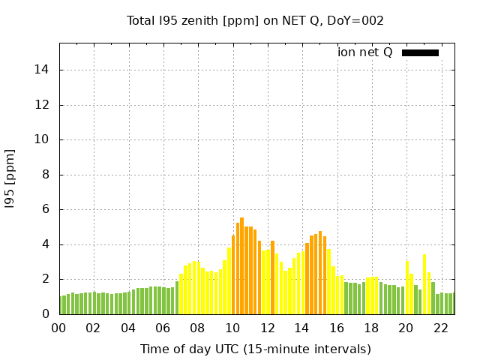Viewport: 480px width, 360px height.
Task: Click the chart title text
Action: click(x=255, y=21)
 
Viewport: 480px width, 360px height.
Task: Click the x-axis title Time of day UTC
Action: click(x=255, y=349)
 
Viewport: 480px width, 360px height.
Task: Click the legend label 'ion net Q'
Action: click(x=364, y=52)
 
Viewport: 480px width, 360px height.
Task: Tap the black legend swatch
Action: click(x=420, y=52)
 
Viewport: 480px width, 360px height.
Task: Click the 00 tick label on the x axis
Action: click(x=59, y=328)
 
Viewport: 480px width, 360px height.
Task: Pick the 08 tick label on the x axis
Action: click(x=198, y=328)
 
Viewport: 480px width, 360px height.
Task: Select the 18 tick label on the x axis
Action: click(x=371, y=328)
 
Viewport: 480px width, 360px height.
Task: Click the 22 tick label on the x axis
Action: click(x=441, y=328)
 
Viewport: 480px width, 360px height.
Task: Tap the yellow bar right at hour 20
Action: click(x=407, y=287)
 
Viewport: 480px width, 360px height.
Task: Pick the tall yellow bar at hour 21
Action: click(x=424, y=284)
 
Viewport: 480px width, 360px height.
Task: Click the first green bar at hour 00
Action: click(x=61, y=305)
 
